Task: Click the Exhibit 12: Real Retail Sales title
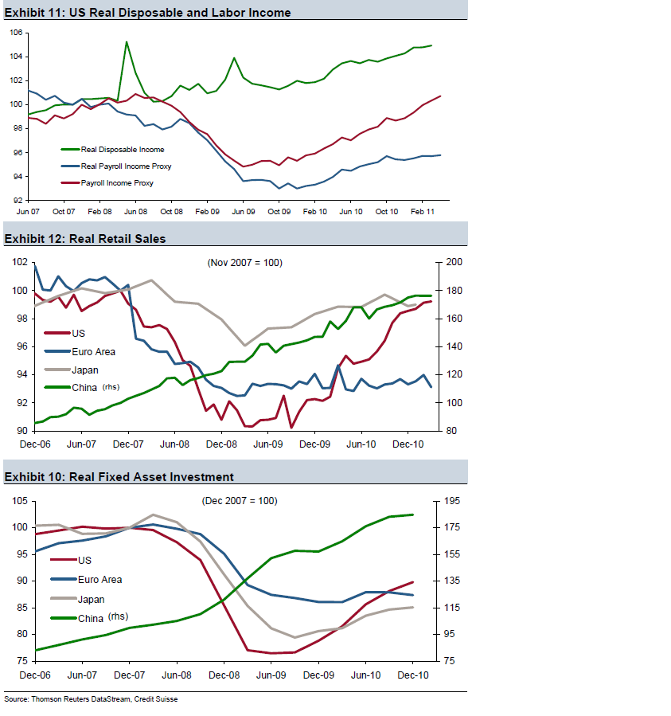(x=85, y=238)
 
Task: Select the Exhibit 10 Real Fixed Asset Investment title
(x=119, y=476)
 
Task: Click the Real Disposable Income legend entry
(x=123, y=149)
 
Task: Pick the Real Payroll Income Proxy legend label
(x=126, y=166)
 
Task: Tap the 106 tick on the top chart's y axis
(x=16, y=33)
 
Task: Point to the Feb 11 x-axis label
(x=423, y=211)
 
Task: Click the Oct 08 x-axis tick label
(x=171, y=211)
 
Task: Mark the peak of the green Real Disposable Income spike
(x=127, y=42)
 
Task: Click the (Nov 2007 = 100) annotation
(x=244, y=263)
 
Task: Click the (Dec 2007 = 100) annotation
(x=239, y=501)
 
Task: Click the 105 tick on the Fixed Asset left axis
(x=18, y=501)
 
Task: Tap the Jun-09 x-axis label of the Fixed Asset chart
(x=271, y=675)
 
